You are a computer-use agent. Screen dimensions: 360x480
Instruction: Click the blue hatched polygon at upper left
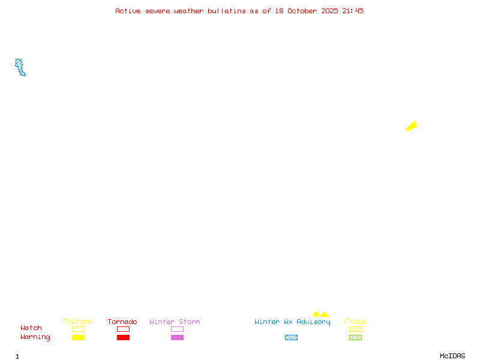[20, 67]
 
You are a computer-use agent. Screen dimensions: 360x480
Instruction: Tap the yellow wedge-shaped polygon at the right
[412, 126]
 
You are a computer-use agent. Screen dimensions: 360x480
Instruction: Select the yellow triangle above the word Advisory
[325, 314]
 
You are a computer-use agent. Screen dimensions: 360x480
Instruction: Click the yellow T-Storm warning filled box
[78, 338]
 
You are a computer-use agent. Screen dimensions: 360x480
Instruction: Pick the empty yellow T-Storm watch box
[78, 329]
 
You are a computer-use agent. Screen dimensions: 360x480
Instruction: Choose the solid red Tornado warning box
[123, 338]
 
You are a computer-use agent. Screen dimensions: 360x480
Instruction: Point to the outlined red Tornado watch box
[123, 329]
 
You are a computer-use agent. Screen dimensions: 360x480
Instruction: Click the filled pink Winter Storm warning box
[177, 338]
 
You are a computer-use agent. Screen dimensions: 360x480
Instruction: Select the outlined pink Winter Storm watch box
[177, 329]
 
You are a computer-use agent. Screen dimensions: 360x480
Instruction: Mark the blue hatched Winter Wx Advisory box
[291, 338]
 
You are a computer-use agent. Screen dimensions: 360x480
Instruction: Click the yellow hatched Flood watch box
[355, 329]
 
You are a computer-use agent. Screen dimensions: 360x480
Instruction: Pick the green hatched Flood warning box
[355, 338]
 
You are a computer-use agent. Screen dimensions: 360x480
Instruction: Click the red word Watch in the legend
[31, 328]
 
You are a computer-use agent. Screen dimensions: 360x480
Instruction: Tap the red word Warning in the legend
[35, 337]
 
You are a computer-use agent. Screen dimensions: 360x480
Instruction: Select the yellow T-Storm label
[77, 322]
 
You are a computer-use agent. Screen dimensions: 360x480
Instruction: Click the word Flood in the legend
[355, 322]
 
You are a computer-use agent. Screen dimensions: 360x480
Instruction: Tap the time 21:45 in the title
[353, 11]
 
